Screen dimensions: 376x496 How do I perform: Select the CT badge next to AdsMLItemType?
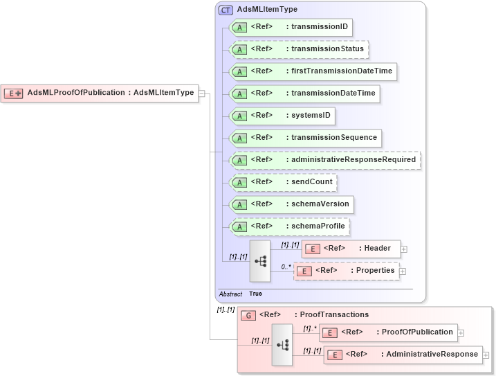[226, 10]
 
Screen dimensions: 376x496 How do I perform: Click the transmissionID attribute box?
[291, 28]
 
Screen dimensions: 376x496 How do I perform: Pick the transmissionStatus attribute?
[298, 50]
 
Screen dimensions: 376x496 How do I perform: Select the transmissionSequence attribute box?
[305, 138]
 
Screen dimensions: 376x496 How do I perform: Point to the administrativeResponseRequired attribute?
[324, 160]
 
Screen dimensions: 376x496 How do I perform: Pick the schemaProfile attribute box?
[289, 226]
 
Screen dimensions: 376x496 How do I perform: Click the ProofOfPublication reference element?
[388, 332]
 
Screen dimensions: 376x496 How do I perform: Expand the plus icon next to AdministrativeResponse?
[486, 355]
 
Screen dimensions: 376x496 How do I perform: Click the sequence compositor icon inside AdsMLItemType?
[260, 261]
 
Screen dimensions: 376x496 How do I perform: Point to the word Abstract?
[230, 294]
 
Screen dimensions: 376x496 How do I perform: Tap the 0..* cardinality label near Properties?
[285, 266]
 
